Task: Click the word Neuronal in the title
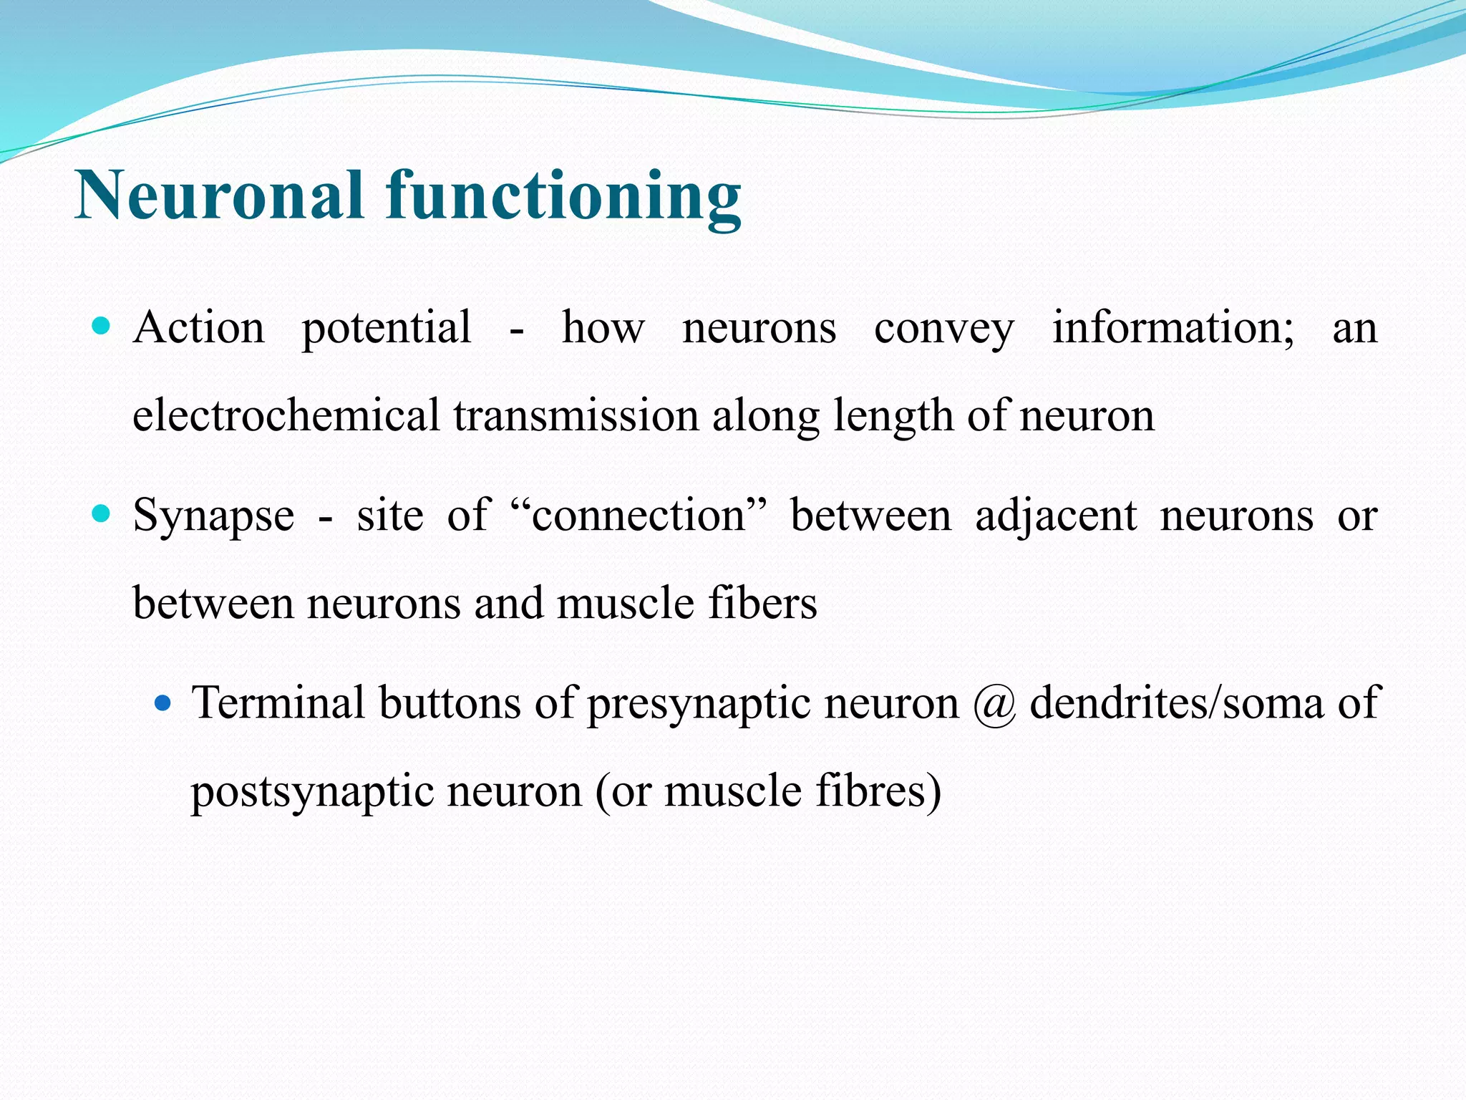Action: [x=219, y=196]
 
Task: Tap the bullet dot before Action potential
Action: [x=102, y=327]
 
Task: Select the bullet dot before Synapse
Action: [x=102, y=513]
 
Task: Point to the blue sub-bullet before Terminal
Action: [x=163, y=703]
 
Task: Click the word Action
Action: [x=199, y=328]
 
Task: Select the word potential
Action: [x=387, y=329]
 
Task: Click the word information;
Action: [x=1173, y=328]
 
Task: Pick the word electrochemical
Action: [x=286, y=415]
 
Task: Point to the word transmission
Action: [x=576, y=415]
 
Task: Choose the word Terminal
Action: [x=278, y=703]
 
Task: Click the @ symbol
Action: [x=994, y=704]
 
